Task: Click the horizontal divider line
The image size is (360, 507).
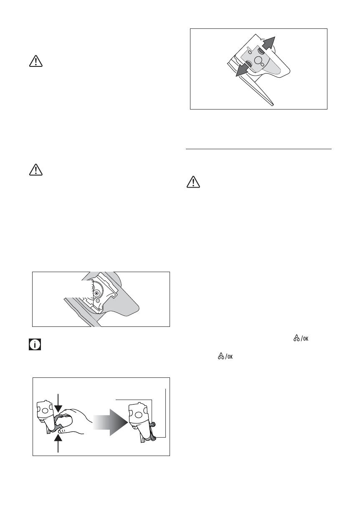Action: [259, 148]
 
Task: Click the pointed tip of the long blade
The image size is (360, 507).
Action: [272, 104]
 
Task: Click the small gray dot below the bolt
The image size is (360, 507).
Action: [97, 301]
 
